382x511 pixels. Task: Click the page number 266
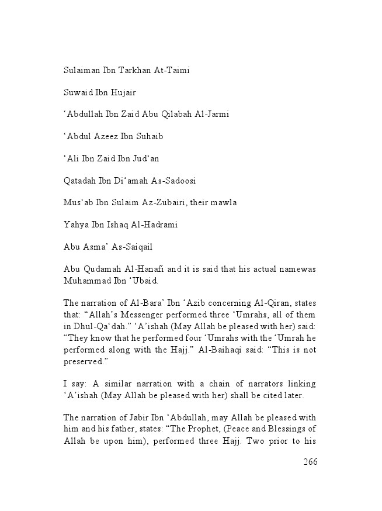(310, 462)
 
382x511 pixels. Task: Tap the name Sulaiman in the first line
(82, 71)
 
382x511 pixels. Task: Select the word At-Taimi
(171, 71)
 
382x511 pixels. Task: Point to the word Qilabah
(172, 114)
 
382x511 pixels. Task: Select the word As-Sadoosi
(179, 180)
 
